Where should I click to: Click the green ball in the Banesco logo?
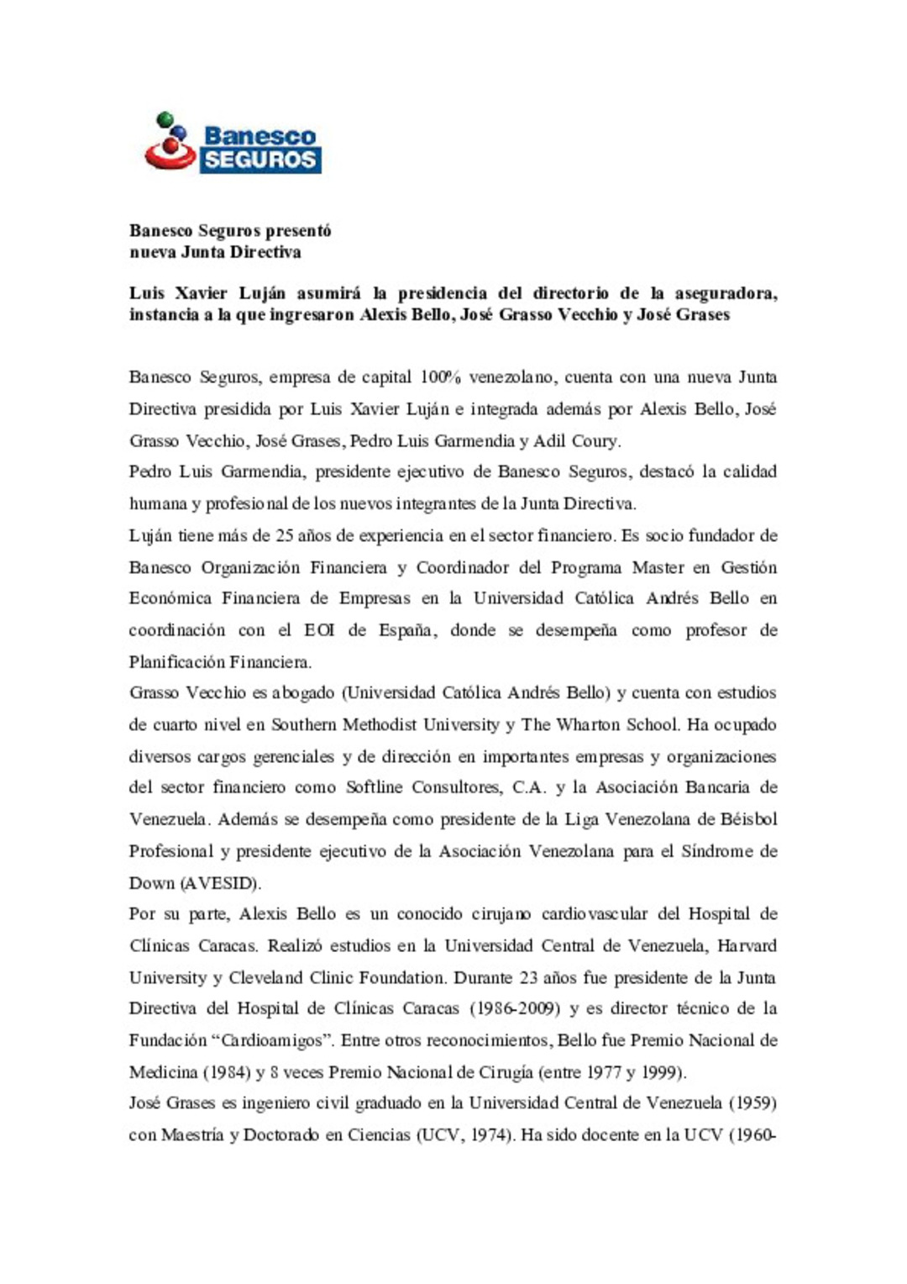(165, 118)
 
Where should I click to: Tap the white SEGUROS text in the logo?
(260, 160)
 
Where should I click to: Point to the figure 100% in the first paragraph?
(440, 377)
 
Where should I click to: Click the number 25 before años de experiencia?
(284, 536)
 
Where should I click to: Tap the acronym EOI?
(319, 630)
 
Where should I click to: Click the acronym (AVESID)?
(219, 883)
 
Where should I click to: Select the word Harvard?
(747, 946)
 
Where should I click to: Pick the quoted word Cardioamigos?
(276, 1041)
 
